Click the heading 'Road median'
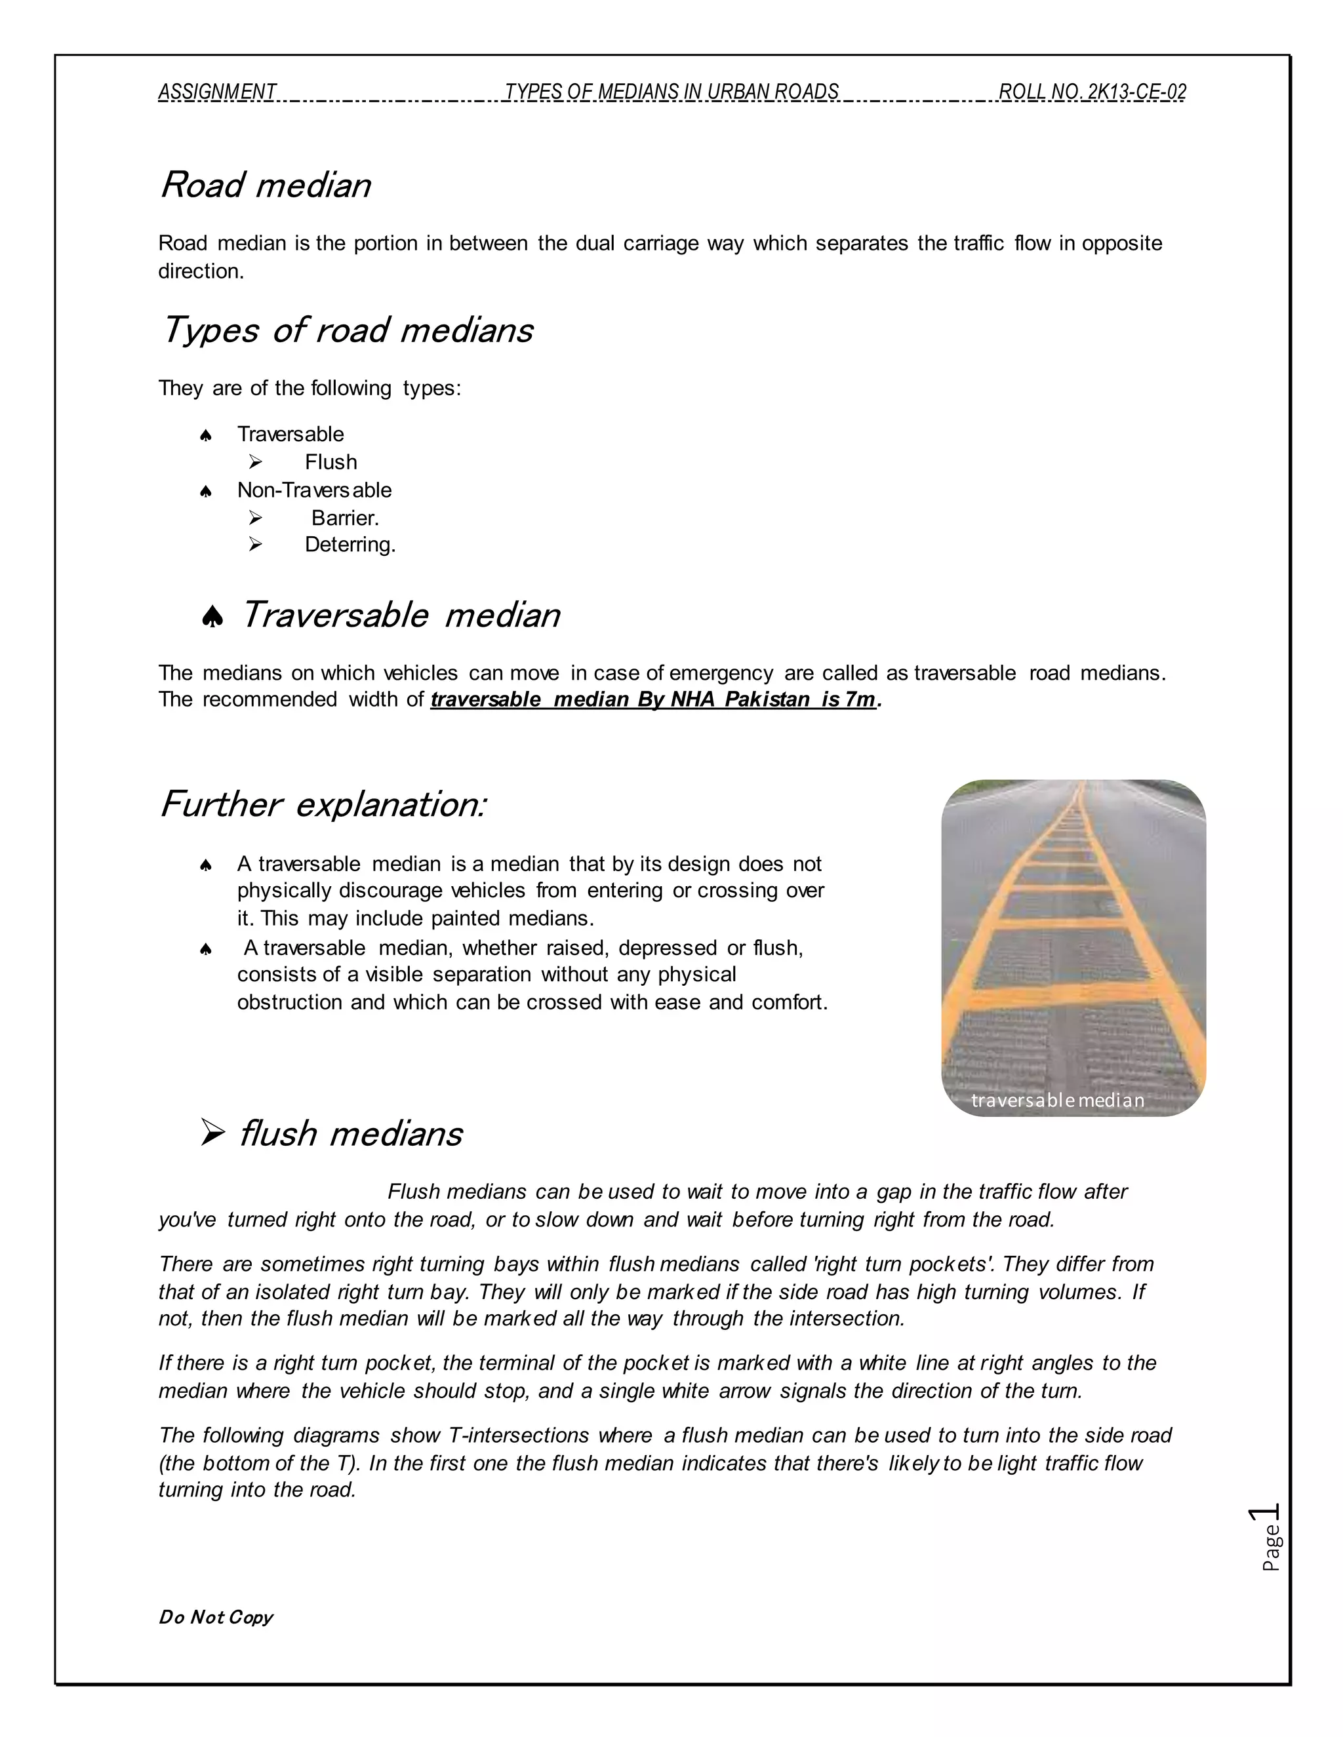click(x=265, y=185)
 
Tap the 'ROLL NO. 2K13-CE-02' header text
click(x=1092, y=92)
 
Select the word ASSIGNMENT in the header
click(x=217, y=92)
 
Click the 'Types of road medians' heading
click(x=347, y=330)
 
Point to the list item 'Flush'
click(x=331, y=462)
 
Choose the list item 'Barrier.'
click(x=346, y=518)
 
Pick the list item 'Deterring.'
click(x=350, y=545)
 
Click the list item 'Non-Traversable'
click(x=314, y=490)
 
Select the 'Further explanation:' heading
click(x=322, y=804)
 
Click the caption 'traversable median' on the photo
click(x=1057, y=1100)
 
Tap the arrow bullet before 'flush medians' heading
click(x=212, y=1133)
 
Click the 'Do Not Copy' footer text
click(x=216, y=1617)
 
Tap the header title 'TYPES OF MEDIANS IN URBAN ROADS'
click(x=671, y=92)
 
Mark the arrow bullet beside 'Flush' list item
click(x=254, y=461)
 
